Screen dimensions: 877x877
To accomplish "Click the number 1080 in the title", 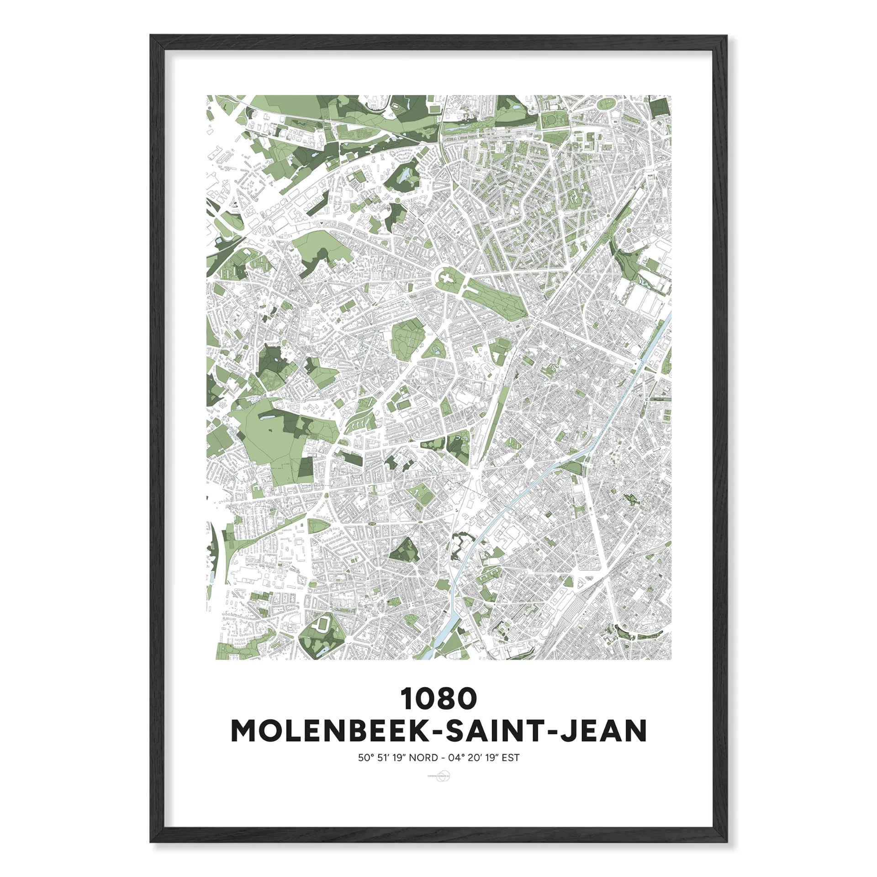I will coord(439,699).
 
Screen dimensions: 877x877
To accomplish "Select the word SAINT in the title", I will coord(496,731).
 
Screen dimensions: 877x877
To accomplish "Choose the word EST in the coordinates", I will coord(511,758).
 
